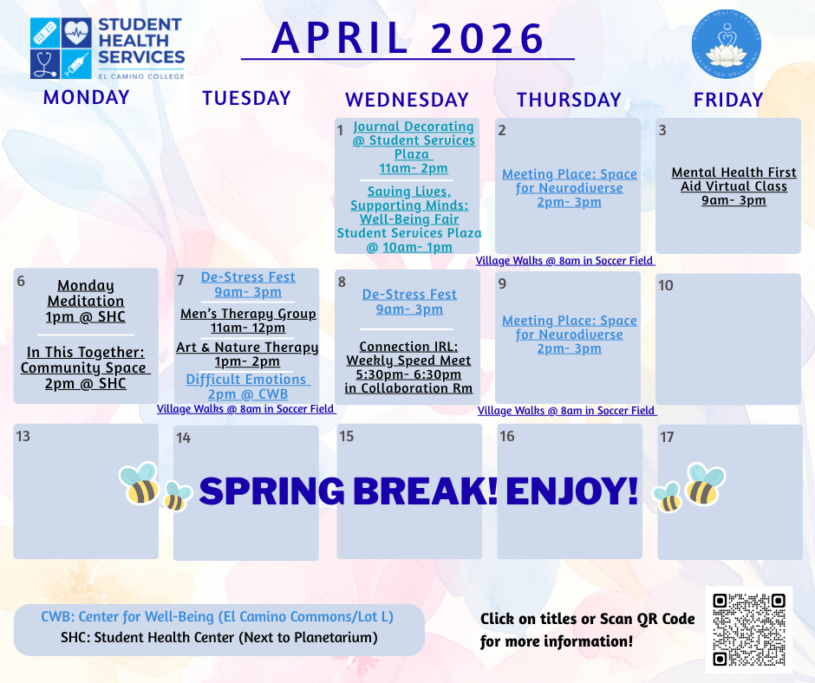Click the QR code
point(748,629)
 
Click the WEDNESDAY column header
point(407,100)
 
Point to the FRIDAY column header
point(727,100)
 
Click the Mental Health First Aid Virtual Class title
point(733,179)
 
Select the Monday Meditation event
point(86,293)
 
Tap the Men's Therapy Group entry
point(248,314)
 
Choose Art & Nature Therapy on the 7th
point(247,348)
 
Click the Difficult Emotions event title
point(247,380)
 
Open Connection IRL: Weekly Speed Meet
point(408,354)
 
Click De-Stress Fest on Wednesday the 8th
point(409,295)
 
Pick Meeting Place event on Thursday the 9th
point(569,328)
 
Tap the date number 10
point(666,285)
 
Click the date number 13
point(23,435)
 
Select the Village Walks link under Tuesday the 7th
point(246,409)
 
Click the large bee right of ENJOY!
point(705,484)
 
